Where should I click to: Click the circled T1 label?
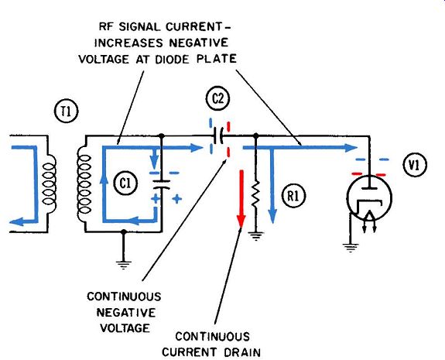pyautogui.click(x=66, y=111)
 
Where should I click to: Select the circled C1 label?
pyautogui.click(x=125, y=183)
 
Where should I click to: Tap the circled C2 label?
pyautogui.click(x=217, y=99)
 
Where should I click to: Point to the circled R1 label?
pyautogui.click(x=293, y=196)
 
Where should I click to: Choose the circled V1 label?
pyautogui.click(x=415, y=165)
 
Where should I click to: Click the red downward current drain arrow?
pyautogui.click(x=241, y=199)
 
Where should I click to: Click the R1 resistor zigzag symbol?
pyautogui.click(x=255, y=194)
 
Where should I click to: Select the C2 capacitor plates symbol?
pyautogui.click(x=219, y=135)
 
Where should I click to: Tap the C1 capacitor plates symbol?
pyautogui.click(x=161, y=184)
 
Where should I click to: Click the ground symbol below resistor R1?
pyautogui.click(x=256, y=236)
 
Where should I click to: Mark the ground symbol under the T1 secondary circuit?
pyautogui.click(x=124, y=265)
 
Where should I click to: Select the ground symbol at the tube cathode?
pyautogui.click(x=351, y=248)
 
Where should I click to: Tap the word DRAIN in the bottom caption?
pyautogui.click(x=242, y=352)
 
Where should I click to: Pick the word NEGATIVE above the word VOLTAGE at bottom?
pyautogui.click(x=126, y=313)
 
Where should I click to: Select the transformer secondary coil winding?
pyautogui.click(x=84, y=184)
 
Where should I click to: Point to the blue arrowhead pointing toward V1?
pyautogui.click(x=351, y=148)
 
